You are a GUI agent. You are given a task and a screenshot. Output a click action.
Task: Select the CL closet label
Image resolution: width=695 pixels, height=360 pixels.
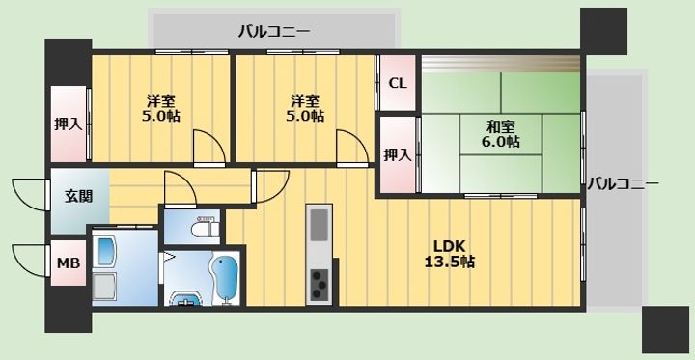pyautogui.click(x=398, y=82)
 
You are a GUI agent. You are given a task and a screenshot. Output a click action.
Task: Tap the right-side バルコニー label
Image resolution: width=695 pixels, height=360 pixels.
pyautogui.click(x=623, y=182)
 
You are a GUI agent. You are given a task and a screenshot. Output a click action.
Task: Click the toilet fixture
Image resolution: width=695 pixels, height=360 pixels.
pyautogui.click(x=205, y=230)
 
